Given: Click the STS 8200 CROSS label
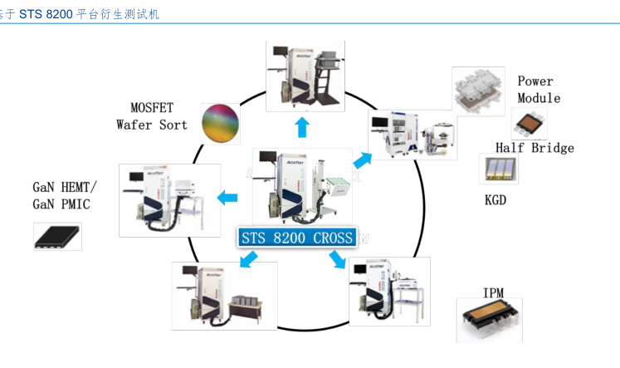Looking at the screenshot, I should tap(298, 238).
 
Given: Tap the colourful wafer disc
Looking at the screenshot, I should tap(220, 124).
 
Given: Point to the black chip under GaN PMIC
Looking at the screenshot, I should tap(58, 236).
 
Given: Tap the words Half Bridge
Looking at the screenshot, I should tap(535, 148).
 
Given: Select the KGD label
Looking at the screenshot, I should tap(496, 200).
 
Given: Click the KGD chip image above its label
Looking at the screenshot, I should tap(498, 169).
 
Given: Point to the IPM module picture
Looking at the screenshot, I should tap(491, 321).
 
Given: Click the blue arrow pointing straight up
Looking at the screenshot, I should tap(302, 127).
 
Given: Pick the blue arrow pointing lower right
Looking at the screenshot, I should tap(337, 259).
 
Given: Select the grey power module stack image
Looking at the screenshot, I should tap(479, 89).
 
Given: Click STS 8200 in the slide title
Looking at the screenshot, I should tap(46, 15).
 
